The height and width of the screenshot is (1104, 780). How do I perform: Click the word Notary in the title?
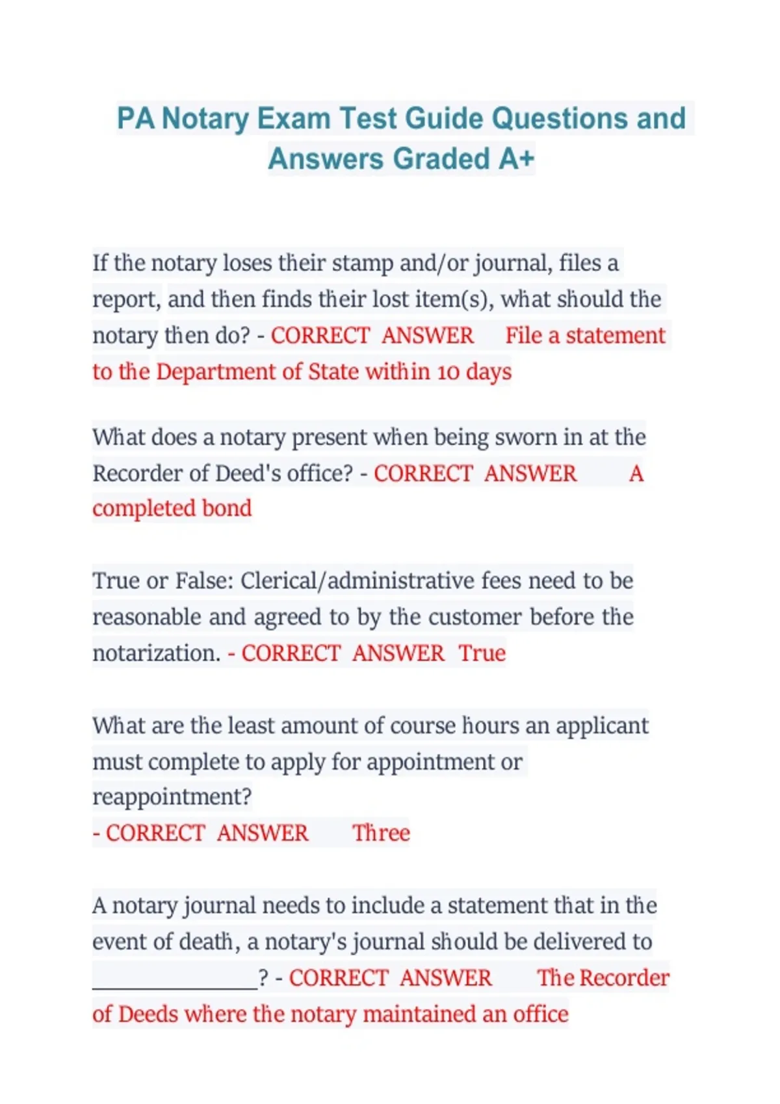point(205,119)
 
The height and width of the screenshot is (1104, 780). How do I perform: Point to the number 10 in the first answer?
point(448,372)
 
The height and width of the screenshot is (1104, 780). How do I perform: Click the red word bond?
point(226,508)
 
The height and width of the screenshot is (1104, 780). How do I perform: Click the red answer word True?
point(482,653)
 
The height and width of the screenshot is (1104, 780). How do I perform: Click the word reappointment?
point(172,797)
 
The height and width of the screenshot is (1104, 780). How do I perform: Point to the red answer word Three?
point(381,833)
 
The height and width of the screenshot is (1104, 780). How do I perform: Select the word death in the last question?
point(207,942)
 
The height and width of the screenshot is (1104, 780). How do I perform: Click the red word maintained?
point(419,1014)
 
